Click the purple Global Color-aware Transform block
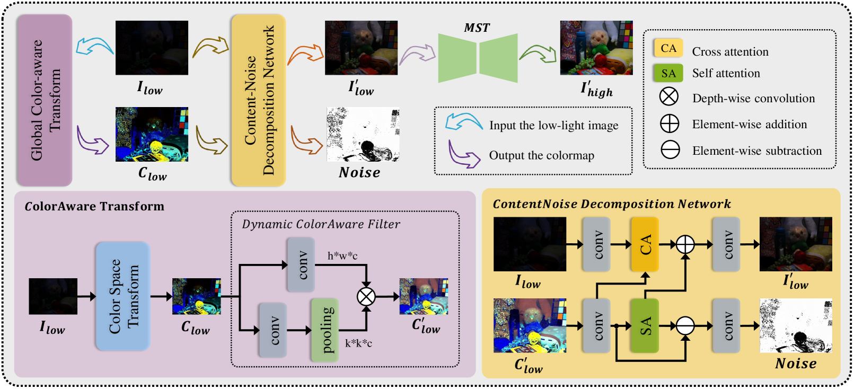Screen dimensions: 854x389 pos(45,100)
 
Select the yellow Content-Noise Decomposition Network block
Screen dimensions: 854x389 pos(259,100)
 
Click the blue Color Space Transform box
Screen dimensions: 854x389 pos(123,296)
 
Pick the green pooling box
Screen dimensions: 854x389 pos(325,330)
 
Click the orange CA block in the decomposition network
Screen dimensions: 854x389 pos(645,244)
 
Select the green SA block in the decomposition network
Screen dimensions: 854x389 pos(645,326)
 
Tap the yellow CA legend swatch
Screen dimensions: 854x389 pos(668,48)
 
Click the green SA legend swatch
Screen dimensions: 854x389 pos(668,73)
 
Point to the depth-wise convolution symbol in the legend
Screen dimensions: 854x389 pos(668,97)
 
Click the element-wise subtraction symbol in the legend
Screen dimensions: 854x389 pos(670,149)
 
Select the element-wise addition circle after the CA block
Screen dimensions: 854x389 pos(685,244)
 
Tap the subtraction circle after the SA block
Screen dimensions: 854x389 pos(685,326)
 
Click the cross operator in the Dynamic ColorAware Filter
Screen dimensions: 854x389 pos(366,296)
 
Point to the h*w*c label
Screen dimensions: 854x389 pos(342,256)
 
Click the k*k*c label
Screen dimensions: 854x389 pos(358,343)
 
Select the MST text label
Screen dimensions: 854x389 pos(477,28)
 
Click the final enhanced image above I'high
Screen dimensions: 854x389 pos(596,48)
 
